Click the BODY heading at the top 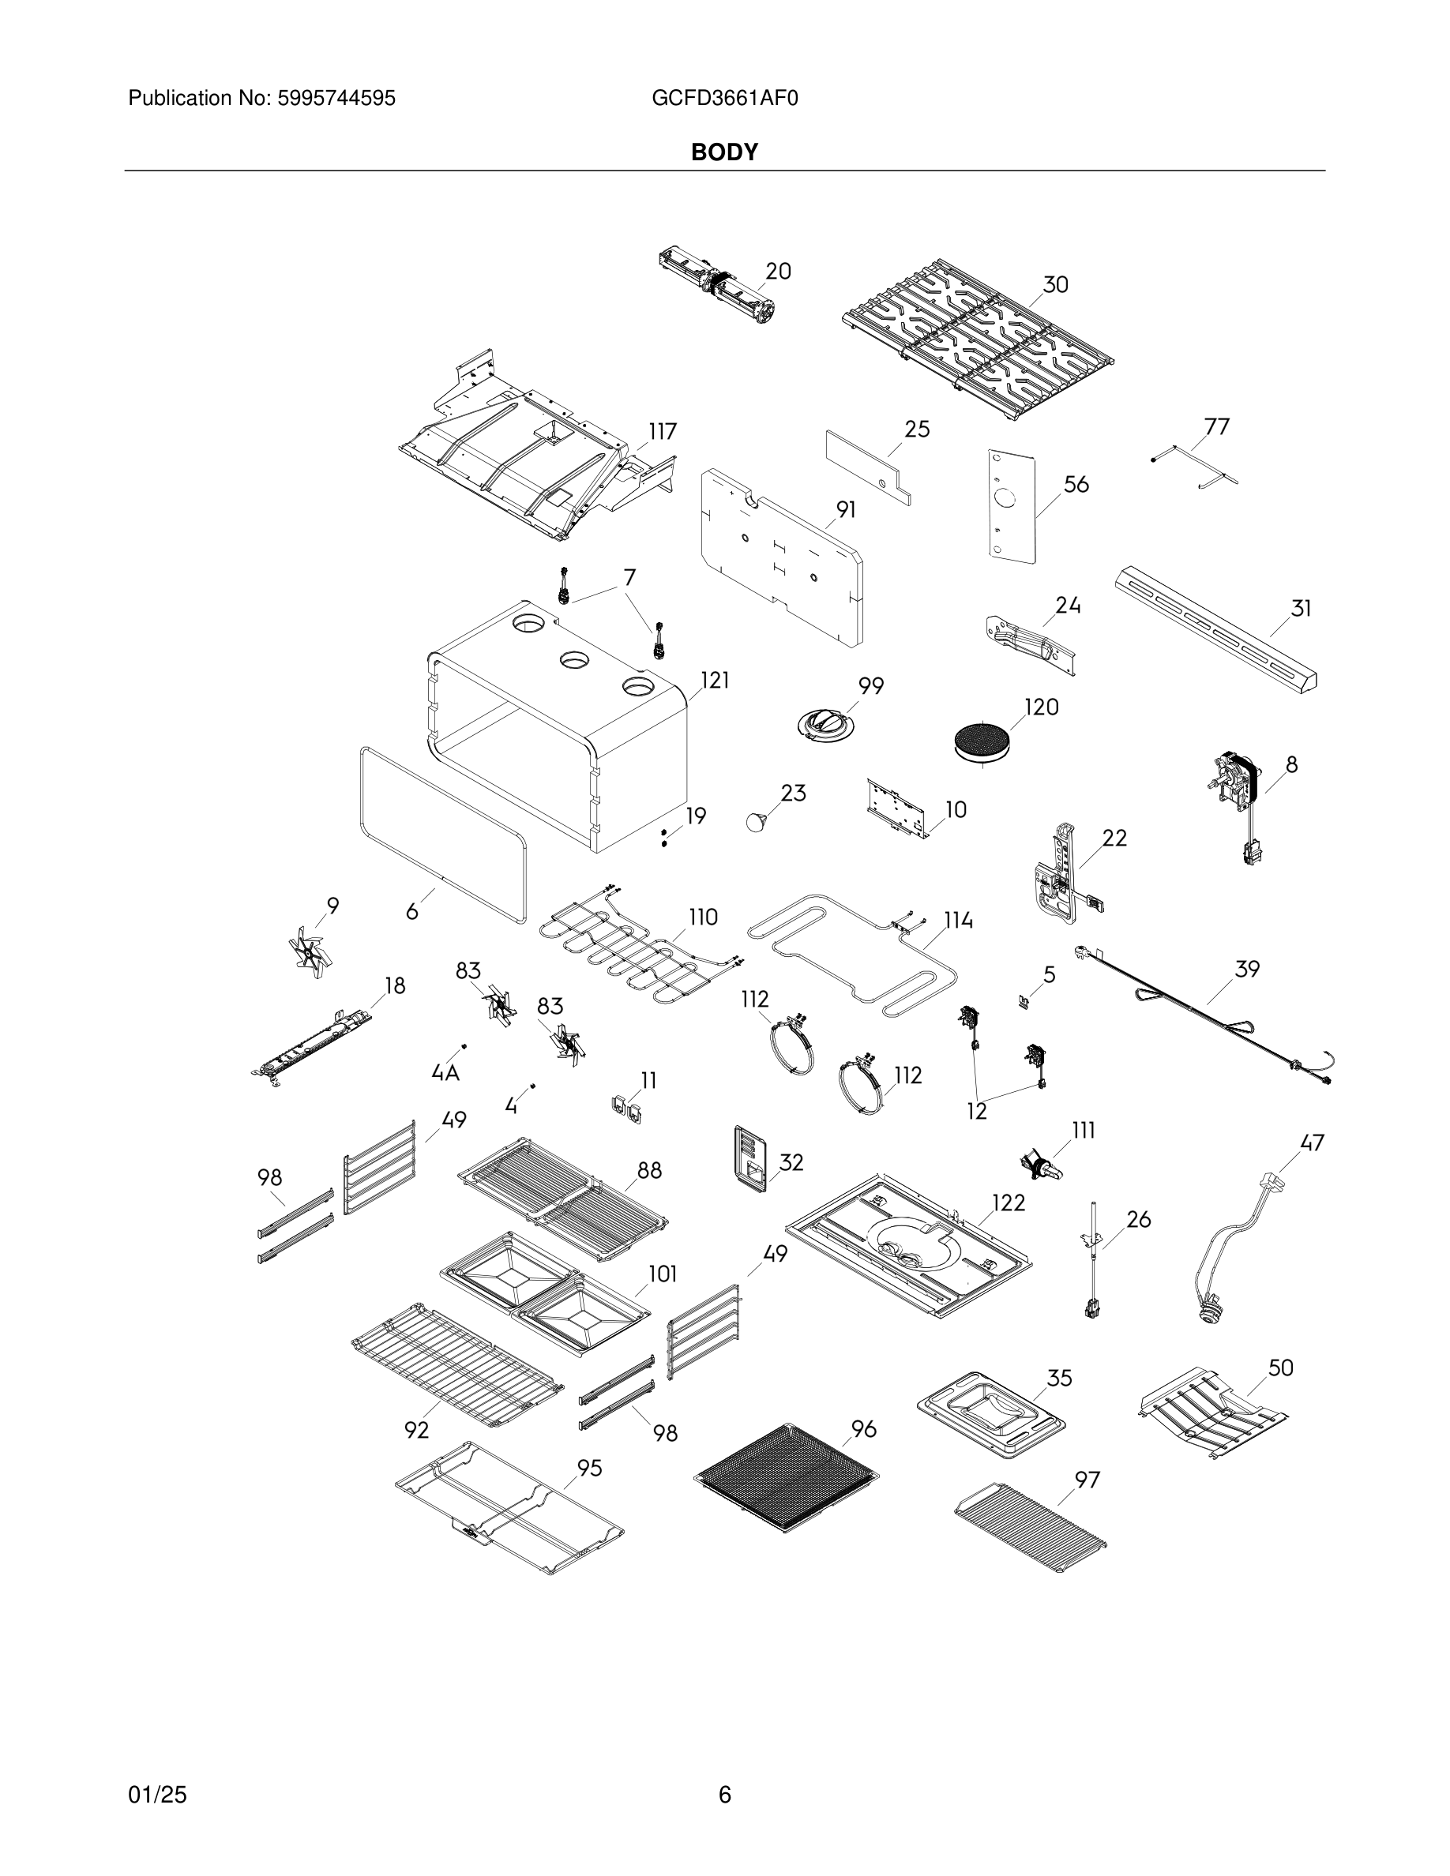pos(724,152)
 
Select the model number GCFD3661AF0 pos(724,99)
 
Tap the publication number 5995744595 pos(336,99)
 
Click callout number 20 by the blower pos(777,272)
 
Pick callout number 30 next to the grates pos(1055,284)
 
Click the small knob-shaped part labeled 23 pos(757,820)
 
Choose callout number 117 pos(663,431)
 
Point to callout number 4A pos(445,1072)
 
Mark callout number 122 pos(1009,1203)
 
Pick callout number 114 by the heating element pos(959,921)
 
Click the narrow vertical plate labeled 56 pos(1010,507)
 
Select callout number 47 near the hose pos(1312,1142)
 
